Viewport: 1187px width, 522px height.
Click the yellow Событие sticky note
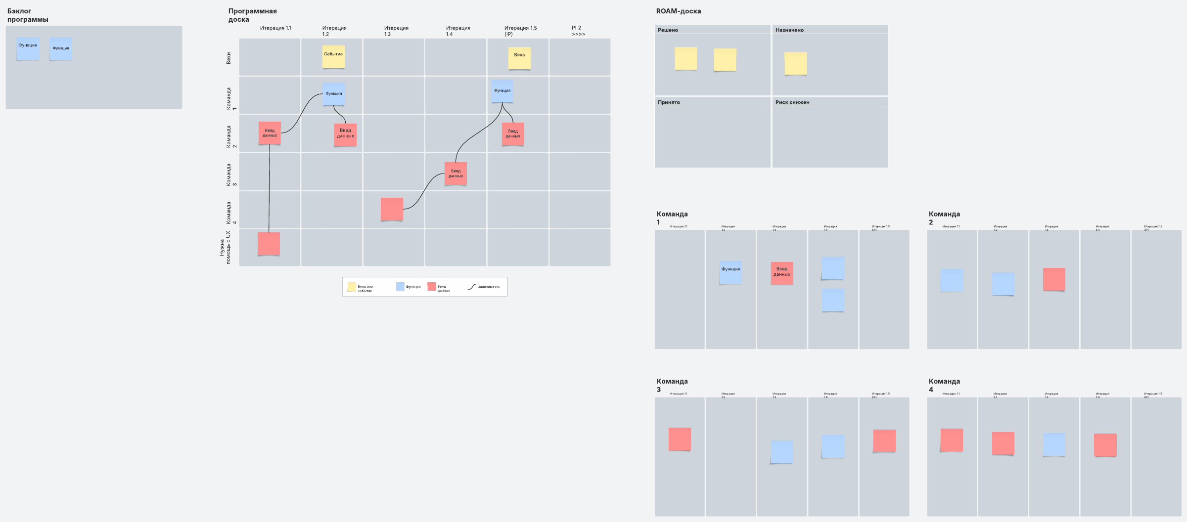tap(333, 57)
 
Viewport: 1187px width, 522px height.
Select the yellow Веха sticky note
tap(519, 58)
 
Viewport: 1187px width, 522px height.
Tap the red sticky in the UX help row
tap(269, 244)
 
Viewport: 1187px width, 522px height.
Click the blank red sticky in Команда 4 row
tap(392, 209)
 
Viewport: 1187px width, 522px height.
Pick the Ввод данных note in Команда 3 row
tap(456, 174)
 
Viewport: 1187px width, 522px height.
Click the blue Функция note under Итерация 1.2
tap(334, 94)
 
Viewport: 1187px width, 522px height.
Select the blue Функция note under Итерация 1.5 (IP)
tap(502, 91)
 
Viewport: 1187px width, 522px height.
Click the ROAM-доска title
tap(678, 11)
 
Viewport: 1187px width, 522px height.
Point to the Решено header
tap(668, 30)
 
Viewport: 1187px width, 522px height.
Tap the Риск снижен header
tap(792, 102)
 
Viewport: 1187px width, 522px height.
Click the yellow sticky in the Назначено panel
tap(795, 63)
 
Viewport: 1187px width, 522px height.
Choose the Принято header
tap(669, 102)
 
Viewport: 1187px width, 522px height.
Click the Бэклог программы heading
tap(28, 15)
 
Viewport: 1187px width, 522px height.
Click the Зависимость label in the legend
tap(489, 287)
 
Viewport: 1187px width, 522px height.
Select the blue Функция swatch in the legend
tap(400, 287)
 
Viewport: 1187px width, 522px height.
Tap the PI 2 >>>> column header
tap(578, 31)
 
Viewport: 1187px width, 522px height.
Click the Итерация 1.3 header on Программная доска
tap(396, 31)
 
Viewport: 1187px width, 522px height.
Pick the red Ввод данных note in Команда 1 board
tap(781, 273)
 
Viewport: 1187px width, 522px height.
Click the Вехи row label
tap(228, 58)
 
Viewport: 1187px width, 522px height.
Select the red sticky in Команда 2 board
tap(1054, 279)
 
